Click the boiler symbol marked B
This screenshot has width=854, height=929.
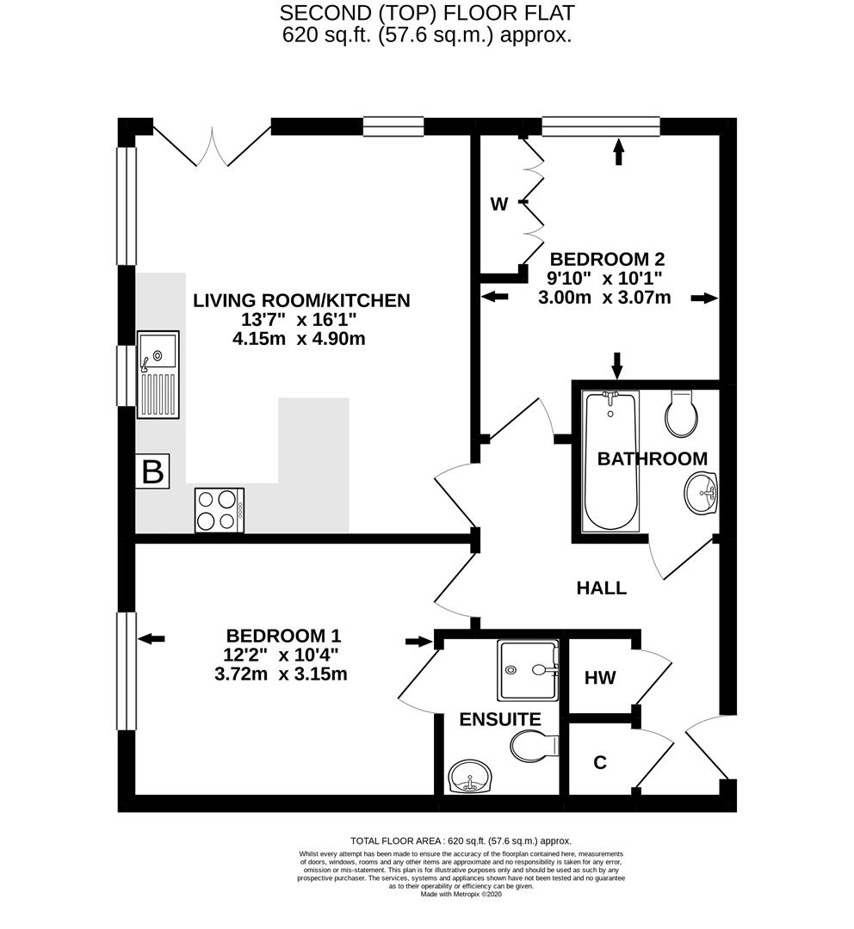pos(152,472)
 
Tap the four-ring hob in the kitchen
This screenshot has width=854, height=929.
pos(220,509)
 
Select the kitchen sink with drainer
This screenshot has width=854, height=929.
pos(158,375)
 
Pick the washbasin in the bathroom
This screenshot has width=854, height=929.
pos(702,495)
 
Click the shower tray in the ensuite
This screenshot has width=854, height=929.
pos(527,670)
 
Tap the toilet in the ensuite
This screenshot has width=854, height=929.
pos(532,745)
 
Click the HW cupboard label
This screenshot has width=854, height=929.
pos(599,678)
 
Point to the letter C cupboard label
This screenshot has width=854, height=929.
pos(600,762)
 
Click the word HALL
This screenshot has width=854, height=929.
pos(601,588)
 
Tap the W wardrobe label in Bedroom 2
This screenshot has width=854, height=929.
pos(498,204)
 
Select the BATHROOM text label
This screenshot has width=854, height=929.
pos(652,458)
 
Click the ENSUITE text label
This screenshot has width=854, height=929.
pos(487,719)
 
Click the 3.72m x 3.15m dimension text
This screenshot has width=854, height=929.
pos(281,674)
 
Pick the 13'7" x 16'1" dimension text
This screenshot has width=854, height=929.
pos(300,320)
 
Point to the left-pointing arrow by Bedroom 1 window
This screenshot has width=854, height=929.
pos(152,638)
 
